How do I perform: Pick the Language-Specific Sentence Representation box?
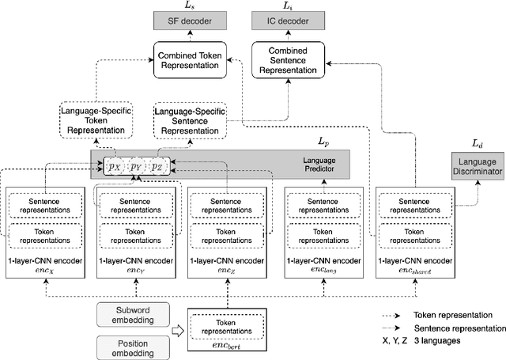click(190, 118)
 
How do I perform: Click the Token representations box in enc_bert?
click(228, 328)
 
